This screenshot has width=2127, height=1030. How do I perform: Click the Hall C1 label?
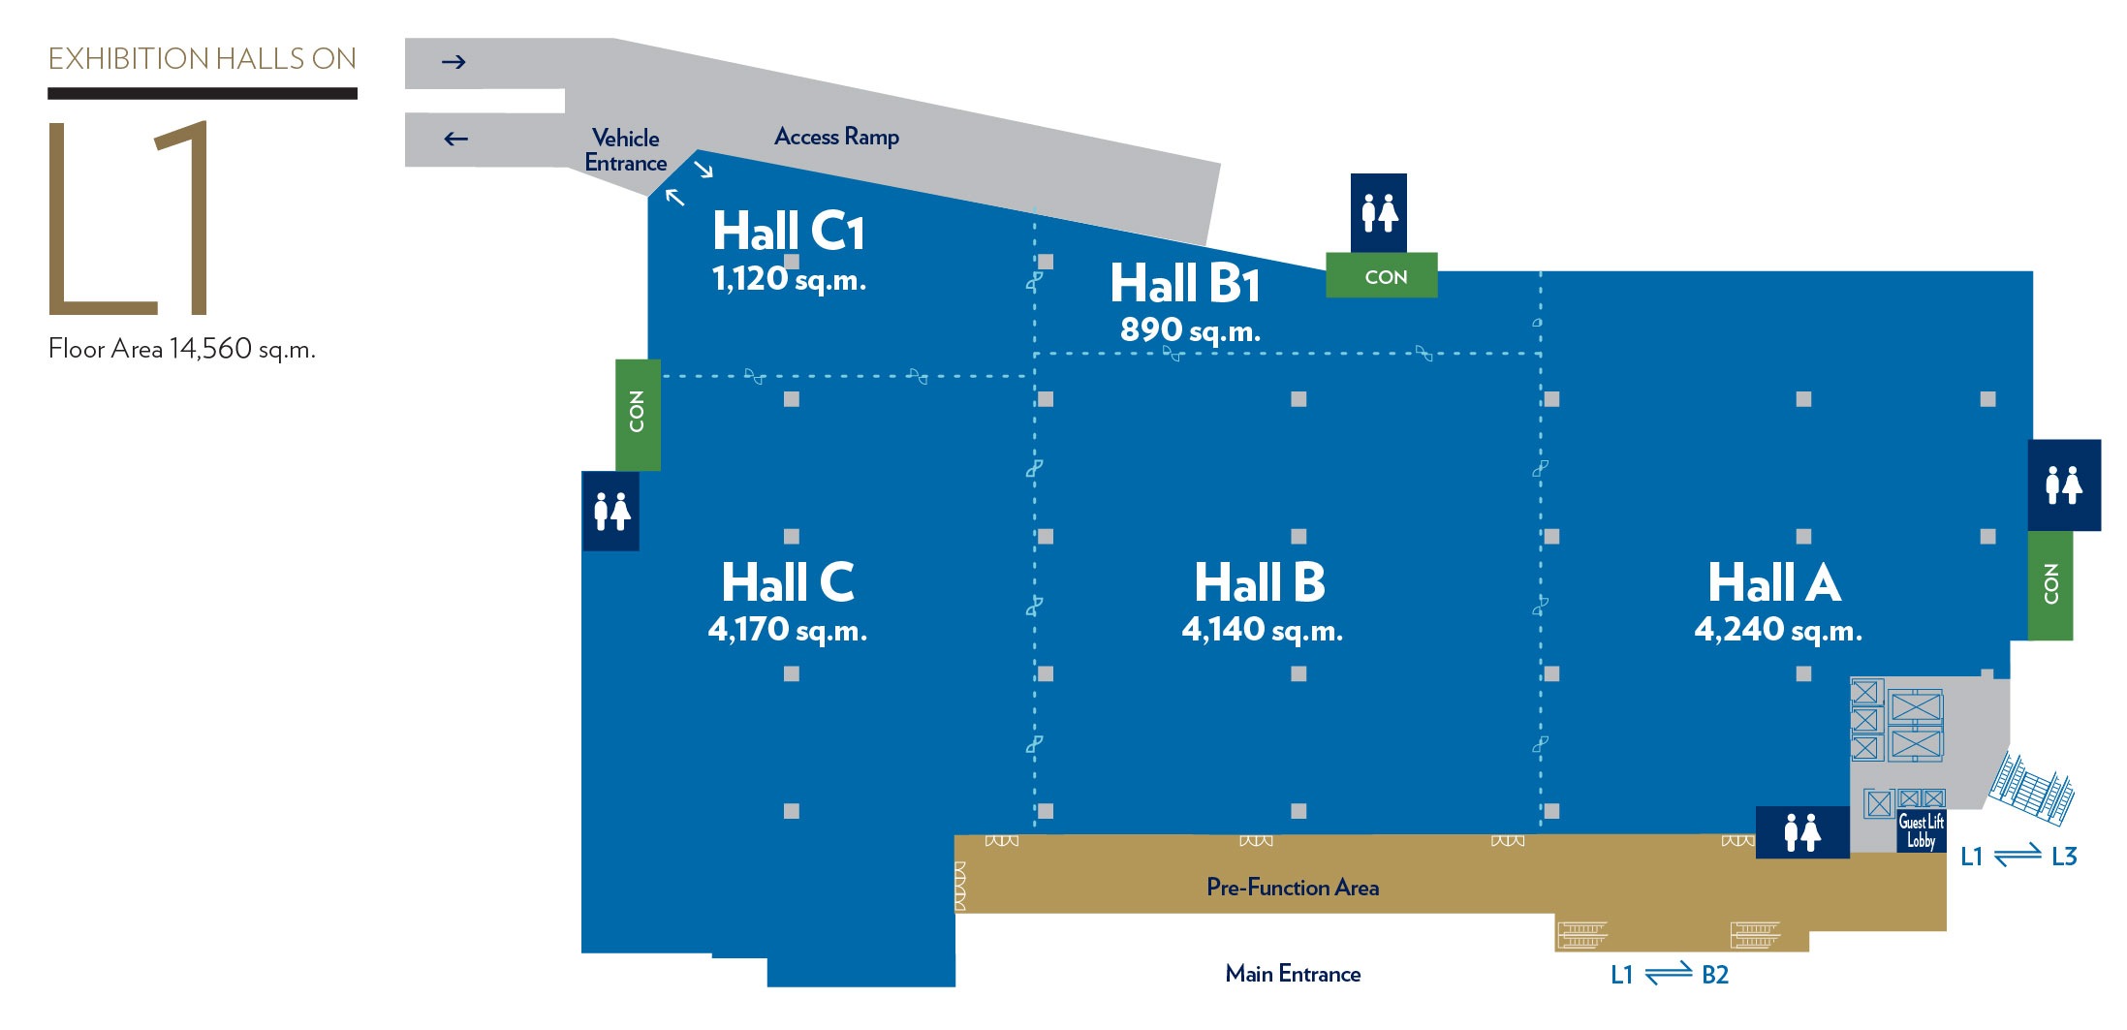(x=788, y=232)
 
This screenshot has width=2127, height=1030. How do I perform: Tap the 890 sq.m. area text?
(x=1190, y=330)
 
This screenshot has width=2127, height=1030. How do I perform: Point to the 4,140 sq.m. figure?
(x=1262, y=630)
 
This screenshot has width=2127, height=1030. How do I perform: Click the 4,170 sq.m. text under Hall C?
(x=787, y=630)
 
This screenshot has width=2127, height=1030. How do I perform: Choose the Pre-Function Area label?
(x=1292, y=888)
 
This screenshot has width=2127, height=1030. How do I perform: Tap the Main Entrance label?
(x=1293, y=974)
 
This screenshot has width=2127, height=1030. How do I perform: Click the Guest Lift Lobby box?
(x=1920, y=831)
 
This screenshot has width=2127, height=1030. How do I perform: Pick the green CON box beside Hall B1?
(x=1382, y=276)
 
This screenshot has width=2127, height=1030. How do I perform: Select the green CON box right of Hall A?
(x=2050, y=584)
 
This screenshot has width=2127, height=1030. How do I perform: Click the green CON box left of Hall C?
(x=638, y=414)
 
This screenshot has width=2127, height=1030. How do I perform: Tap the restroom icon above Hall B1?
(x=1379, y=213)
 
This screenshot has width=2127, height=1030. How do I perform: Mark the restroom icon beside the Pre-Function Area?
(x=1802, y=832)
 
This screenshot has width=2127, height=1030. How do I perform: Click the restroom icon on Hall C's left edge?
(x=611, y=511)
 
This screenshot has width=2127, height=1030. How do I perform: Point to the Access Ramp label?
(x=836, y=137)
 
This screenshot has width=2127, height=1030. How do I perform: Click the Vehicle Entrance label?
(x=625, y=150)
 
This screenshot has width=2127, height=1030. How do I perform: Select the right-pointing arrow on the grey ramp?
(x=454, y=62)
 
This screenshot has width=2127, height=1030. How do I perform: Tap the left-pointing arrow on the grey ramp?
(x=455, y=139)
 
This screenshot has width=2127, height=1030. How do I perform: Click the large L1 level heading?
(x=129, y=218)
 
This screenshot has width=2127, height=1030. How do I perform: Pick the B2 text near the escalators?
(x=1714, y=975)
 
